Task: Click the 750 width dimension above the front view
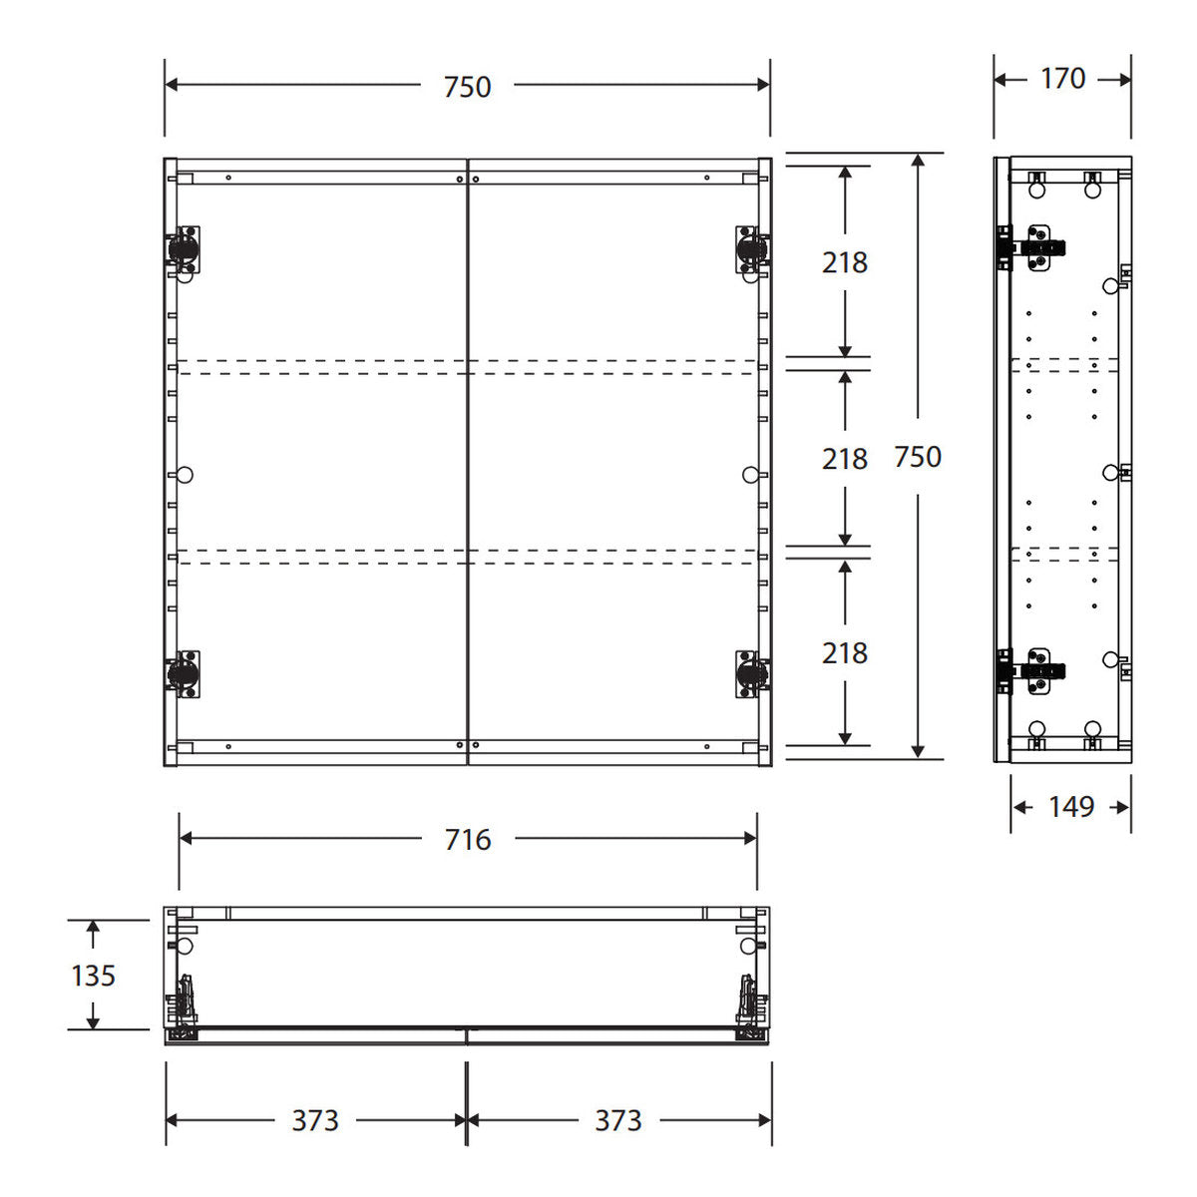[x=467, y=87]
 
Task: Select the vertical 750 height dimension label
[x=918, y=457]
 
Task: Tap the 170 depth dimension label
[x=1062, y=79]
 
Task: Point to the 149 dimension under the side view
[x=1071, y=808]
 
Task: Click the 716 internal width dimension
[x=468, y=840]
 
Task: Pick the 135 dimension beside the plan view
[x=93, y=976]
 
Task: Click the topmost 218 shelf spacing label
[x=845, y=262]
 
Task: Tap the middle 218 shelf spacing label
[x=845, y=460]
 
